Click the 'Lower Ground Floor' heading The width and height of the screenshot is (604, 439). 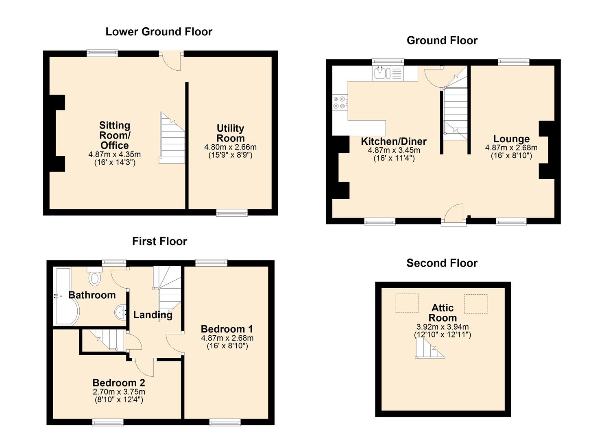159,32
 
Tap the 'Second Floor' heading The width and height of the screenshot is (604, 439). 442,263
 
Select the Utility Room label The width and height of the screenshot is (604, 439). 231,133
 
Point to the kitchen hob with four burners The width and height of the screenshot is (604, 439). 340,103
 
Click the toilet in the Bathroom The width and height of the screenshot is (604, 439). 94,276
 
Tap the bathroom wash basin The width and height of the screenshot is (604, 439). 120,312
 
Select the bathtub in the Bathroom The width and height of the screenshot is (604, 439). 66,296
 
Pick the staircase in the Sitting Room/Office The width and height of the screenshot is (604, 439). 172,138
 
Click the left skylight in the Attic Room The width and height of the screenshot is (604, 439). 407,303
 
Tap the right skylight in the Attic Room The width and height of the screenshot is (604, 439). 476,304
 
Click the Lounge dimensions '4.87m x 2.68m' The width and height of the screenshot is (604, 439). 511,148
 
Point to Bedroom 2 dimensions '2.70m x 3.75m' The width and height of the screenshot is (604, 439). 119,391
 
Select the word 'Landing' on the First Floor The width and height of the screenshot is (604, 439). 153,315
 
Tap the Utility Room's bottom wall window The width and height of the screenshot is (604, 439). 232,213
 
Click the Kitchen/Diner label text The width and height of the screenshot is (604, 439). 394,141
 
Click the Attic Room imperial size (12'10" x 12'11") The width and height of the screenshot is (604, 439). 443,335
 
